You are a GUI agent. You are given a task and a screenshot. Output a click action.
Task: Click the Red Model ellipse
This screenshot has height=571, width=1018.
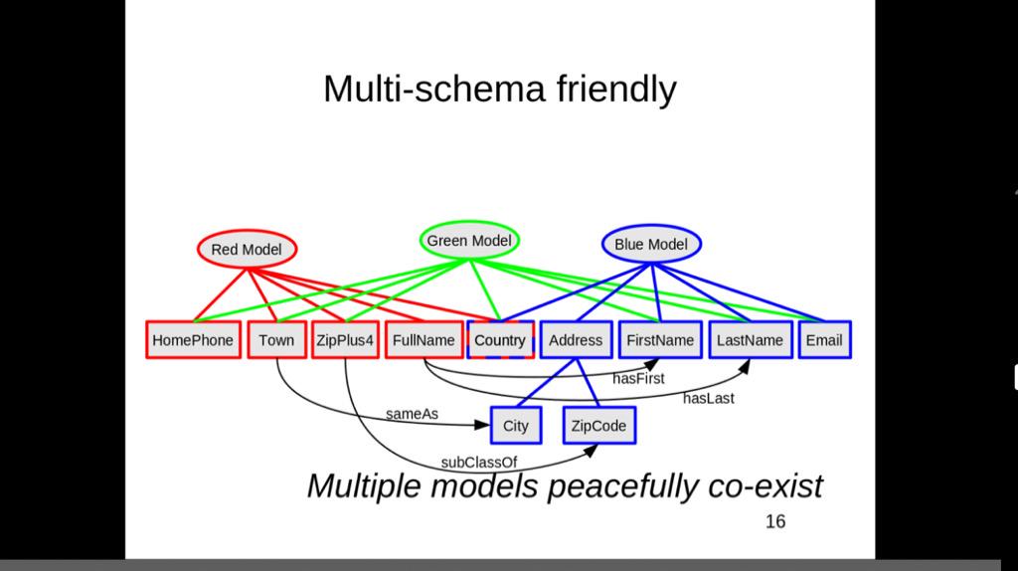[x=247, y=249]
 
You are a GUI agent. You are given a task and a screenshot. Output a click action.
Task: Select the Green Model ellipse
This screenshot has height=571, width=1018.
[x=469, y=241]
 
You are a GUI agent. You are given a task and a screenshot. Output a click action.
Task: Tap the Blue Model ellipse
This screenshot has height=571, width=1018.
[x=651, y=245]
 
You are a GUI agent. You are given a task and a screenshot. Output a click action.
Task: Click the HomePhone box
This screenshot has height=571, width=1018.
[x=194, y=340]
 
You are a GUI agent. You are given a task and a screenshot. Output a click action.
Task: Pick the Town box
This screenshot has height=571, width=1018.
[x=276, y=340]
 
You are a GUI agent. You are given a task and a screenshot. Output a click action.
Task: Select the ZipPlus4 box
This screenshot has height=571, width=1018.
[x=345, y=340]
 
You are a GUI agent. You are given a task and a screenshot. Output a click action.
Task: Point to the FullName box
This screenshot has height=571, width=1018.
[x=424, y=340]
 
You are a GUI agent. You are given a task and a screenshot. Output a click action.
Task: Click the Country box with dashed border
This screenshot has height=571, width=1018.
[x=500, y=340]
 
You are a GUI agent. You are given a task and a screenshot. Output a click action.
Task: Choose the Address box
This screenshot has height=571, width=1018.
[x=576, y=340]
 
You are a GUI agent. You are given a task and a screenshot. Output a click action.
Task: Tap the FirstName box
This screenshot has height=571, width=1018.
[x=660, y=340]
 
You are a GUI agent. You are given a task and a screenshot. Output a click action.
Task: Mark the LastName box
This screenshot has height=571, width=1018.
[x=751, y=340]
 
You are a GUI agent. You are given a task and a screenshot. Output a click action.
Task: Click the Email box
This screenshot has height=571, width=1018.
[x=824, y=340]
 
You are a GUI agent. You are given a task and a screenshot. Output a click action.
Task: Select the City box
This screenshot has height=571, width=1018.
[x=516, y=426]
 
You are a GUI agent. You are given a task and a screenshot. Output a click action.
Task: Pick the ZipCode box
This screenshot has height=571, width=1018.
[x=598, y=426]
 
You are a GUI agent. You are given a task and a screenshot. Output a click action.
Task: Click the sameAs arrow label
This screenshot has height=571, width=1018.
[x=412, y=414]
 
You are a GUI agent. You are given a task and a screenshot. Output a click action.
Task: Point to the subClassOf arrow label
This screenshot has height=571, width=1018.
[x=479, y=463]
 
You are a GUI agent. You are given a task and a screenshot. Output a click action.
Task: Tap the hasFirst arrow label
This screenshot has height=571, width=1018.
[x=638, y=378]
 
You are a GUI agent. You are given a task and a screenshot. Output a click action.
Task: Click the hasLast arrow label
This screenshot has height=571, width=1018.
[x=708, y=398]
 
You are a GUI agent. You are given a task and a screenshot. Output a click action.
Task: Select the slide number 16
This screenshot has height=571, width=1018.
[x=775, y=521]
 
